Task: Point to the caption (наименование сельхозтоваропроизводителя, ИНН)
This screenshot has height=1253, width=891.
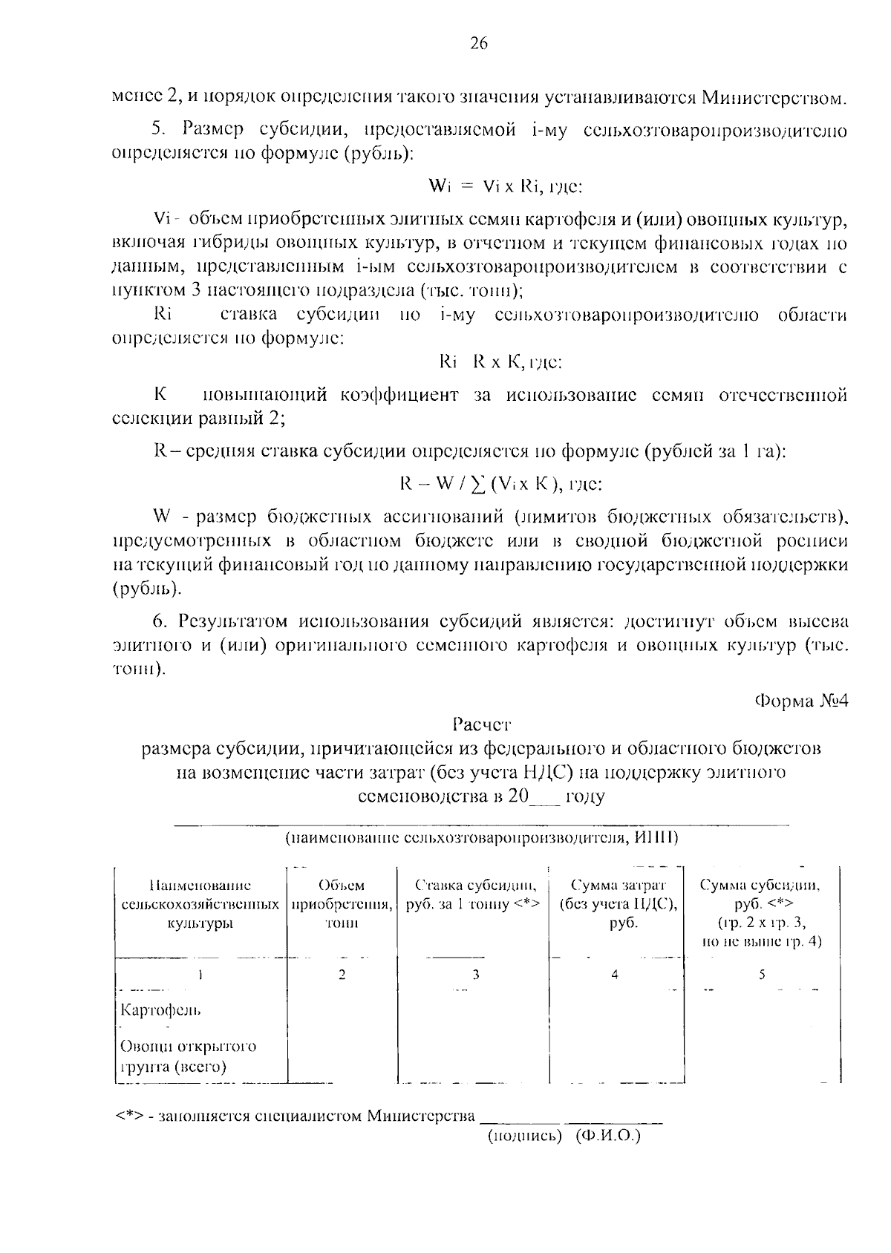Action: pos(482,838)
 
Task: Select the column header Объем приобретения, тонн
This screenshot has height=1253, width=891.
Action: pos(342,904)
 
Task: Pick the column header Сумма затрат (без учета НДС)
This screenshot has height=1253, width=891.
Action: pos(618,904)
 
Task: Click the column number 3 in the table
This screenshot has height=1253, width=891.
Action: pos(476,975)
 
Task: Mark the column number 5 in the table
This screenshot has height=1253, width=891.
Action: pos(761,975)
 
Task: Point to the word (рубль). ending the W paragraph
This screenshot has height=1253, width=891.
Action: pos(146,590)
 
